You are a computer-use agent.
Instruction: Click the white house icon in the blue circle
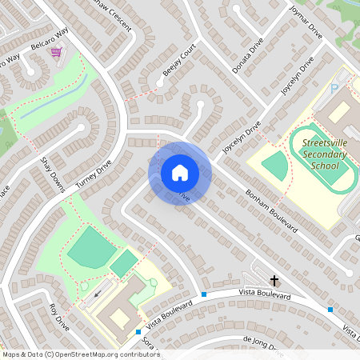coord(179,172)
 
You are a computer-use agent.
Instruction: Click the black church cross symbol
coord(274,280)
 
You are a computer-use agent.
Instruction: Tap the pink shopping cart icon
coord(56,53)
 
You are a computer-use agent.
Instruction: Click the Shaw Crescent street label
coord(110,12)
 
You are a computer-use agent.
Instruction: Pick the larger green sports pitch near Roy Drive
coord(90,249)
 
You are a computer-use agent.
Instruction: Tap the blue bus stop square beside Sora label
coord(138,331)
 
